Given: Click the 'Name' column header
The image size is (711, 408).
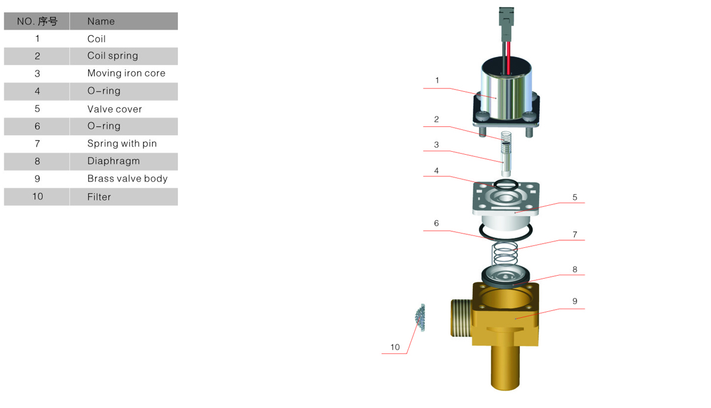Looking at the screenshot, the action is click(101, 21).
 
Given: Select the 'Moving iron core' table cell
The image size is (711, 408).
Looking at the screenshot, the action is click(126, 73).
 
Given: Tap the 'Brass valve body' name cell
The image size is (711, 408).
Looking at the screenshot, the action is click(127, 179).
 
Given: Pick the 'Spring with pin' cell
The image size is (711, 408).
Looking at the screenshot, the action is click(122, 144).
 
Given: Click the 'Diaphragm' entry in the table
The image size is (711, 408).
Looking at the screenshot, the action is click(113, 161).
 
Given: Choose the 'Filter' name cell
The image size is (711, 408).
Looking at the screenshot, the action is click(99, 197).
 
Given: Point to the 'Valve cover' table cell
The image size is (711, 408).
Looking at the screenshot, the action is click(114, 109).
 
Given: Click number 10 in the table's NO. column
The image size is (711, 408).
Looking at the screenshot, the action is click(37, 196).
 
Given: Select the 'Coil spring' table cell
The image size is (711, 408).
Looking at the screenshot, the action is click(113, 56).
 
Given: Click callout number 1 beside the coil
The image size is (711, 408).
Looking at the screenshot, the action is click(437, 81).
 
